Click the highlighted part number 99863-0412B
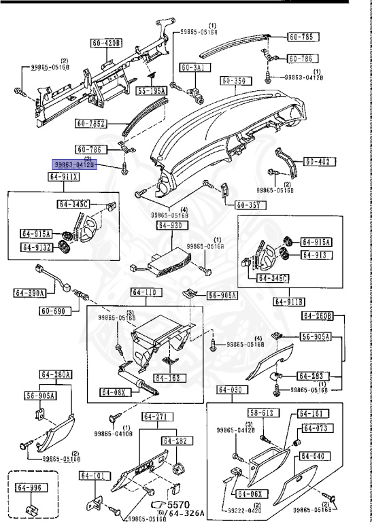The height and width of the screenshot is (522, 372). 75,164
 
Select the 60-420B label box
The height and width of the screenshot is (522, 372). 105,43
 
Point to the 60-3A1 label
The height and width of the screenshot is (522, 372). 196,67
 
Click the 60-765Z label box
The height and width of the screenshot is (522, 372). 92,123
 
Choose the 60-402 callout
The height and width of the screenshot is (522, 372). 317,162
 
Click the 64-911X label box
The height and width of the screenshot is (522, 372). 63,177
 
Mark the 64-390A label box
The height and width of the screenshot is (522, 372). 29,293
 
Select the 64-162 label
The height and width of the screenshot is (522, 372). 167,378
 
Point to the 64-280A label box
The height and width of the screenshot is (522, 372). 56,375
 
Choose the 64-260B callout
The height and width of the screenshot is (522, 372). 317,315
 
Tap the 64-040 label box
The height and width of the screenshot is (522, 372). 315,456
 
